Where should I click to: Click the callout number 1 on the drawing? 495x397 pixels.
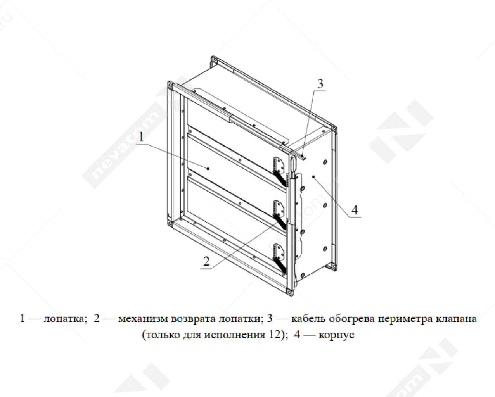141,137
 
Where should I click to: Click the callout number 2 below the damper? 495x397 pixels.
206,261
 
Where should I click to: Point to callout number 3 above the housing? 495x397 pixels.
320,84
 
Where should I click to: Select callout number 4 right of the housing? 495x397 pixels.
355,210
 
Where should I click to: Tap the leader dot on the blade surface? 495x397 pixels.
208,169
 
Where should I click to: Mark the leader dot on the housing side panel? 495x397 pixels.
313,177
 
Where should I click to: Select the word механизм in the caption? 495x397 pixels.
143,319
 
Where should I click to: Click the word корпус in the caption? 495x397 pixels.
336,335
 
